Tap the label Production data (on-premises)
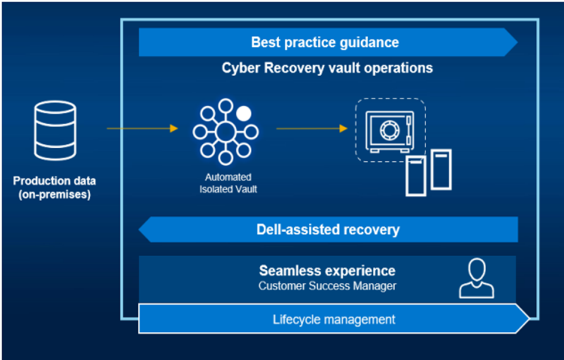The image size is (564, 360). (x=55, y=188)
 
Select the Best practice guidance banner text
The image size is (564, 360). (x=325, y=42)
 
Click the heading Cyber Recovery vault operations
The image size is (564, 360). (x=327, y=68)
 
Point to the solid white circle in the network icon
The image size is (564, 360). (x=244, y=113)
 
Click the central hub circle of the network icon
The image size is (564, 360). (x=225, y=132)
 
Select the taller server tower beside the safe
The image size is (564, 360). (x=441, y=169)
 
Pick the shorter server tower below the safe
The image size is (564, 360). (x=416, y=175)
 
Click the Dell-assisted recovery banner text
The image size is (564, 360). (x=328, y=229)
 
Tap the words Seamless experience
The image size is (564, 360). (x=327, y=271)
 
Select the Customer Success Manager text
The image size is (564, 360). (x=327, y=286)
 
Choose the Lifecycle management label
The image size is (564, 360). (x=334, y=320)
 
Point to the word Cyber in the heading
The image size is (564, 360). (x=238, y=68)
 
